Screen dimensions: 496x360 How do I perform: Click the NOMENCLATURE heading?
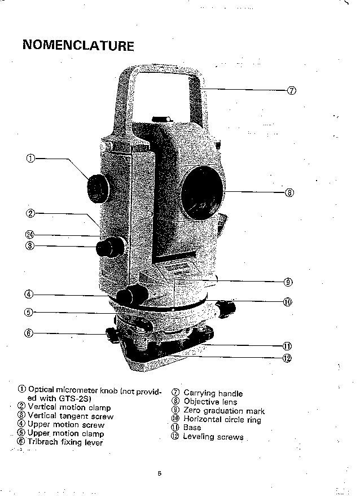click(x=78, y=46)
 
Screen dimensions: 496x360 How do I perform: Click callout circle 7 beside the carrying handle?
click(x=292, y=90)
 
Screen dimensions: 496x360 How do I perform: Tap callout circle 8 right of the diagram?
click(x=289, y=192)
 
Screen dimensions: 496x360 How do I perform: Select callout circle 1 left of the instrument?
click(x=31, y=159)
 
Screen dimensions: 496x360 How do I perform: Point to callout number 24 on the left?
click(x=30, y=235)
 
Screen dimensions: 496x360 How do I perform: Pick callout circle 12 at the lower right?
click(x=287, y=357)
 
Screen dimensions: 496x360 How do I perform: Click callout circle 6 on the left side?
click(x=29, y=333)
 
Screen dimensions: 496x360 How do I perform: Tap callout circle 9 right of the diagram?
click(x=288, y=282)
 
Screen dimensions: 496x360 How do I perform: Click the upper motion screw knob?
click(x=133, y=294)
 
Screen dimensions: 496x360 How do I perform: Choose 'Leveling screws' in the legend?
click(x=213, y=437)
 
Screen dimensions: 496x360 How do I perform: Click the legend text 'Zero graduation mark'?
click(x=224, y=411)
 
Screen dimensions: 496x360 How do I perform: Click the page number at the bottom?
click(x=160, y=473)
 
